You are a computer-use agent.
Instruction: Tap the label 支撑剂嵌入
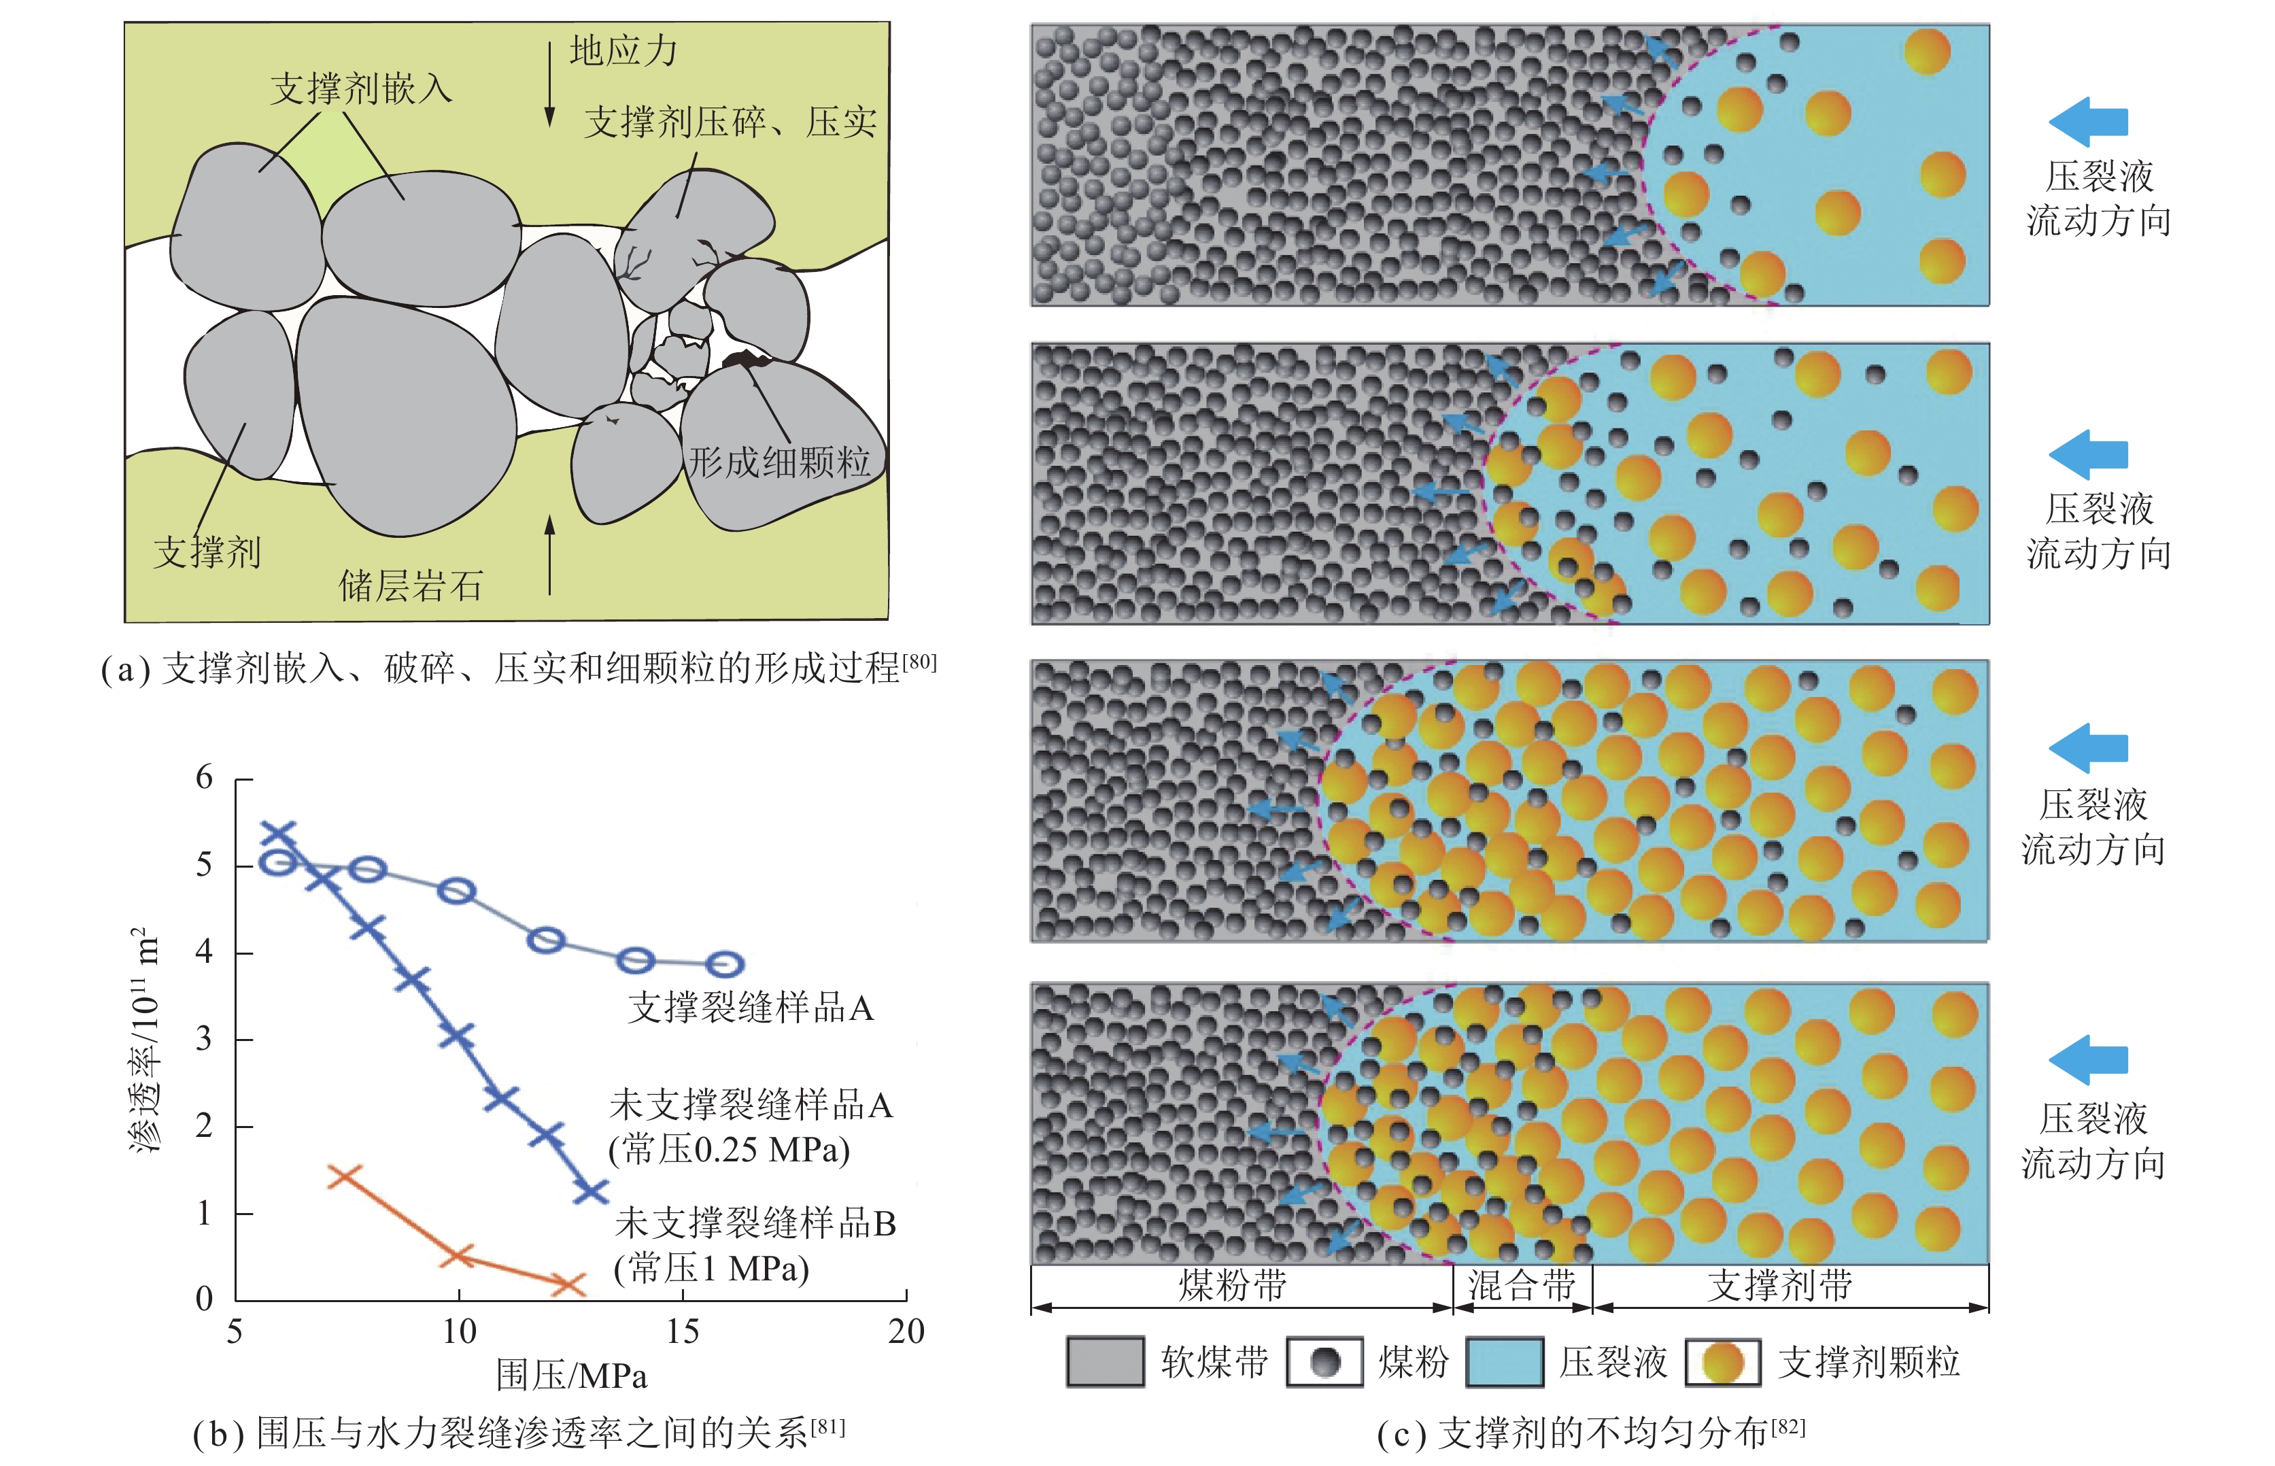tap(361, 88)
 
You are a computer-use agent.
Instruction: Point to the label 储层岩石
tap(411, 585)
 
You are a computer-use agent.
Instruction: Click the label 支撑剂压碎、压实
tap(730, 122)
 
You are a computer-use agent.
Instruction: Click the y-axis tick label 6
tap(205, 778)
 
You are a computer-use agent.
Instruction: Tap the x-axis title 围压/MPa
tap(571, 1376)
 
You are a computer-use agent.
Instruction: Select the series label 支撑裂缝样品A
tap(750, 1007)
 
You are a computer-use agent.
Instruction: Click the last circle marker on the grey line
tap(725, 964)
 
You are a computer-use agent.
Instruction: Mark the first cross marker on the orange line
tap(343, 1176)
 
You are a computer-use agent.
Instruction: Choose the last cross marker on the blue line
tap(591, 1190)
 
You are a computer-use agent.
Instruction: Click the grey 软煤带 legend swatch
tap(1104, 1361)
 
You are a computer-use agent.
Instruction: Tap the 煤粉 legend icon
tap(1324, 1361)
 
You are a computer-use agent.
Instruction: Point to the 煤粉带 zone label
tap(1233, 1286)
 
